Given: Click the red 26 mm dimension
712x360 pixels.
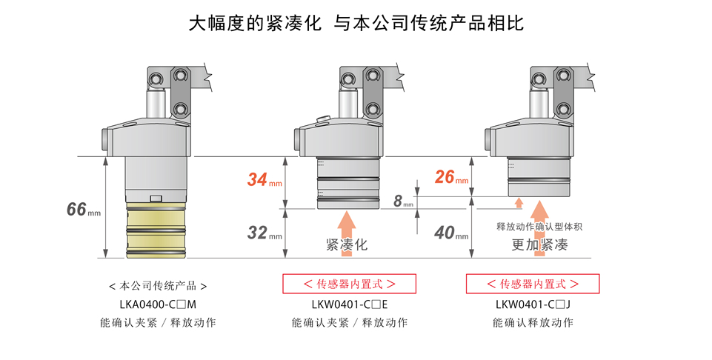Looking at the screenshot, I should pyautogui.click(x=450, y=177).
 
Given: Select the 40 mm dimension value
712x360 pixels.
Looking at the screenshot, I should pyautogui.click(x=450, y=233).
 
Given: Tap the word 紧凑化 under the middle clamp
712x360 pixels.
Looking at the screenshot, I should pyautogui.click(x=347, y=245).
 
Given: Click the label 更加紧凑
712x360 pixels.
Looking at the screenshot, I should pyautogui.click(x=539, y=245).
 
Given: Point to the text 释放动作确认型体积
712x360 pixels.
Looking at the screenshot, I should pyautogui.click(x=539, y=227).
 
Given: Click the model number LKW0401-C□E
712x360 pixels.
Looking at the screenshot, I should pyautogui.click(x=350, y=304).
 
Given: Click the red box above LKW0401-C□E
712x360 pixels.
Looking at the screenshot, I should pyautogui.click(x=350, y=284).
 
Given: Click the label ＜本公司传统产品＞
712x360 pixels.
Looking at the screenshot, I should pyautogui.click(x=157, y=285).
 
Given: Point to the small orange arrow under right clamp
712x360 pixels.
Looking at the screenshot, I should pyautogui.click(x=519, y=202).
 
